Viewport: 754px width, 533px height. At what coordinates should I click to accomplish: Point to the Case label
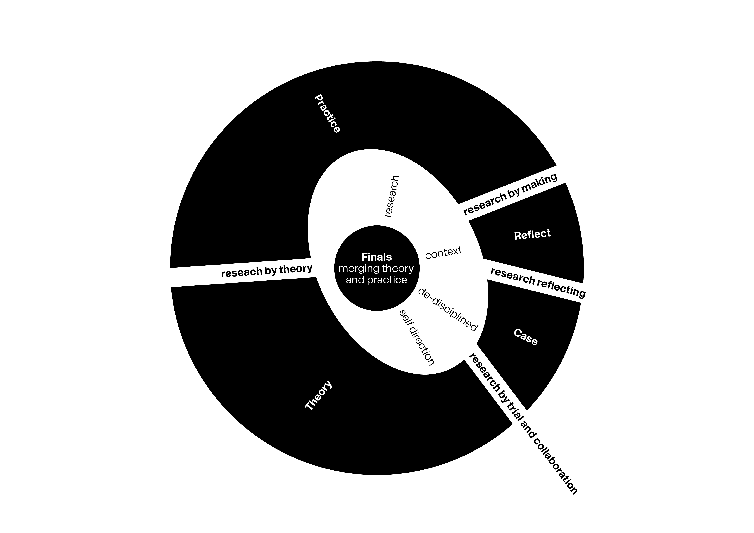pyautogui.click(x=525, y=337)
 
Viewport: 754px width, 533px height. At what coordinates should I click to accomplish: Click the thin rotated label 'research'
pyautogui.click(x=392, y=196)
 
